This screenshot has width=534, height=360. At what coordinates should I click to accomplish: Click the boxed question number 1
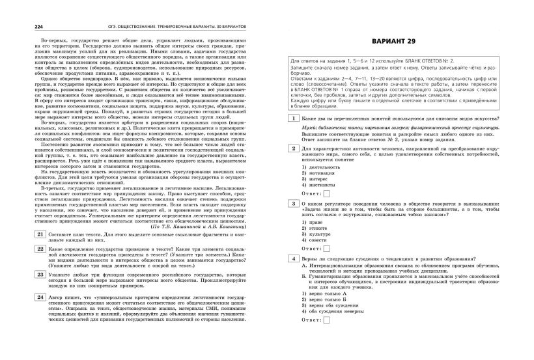tap(295, 118)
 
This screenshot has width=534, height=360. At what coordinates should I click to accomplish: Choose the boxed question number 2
tap(295, 148)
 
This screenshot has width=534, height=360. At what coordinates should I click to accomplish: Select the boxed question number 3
tap(295, 203)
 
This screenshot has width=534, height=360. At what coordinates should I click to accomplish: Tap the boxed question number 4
tap(295, 258)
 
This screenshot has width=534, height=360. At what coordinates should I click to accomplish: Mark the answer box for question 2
tap(327, 193)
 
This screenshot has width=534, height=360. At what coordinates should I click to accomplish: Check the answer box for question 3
tap(327, 248)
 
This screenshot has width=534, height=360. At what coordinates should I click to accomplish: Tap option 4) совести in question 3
tap(317, 240)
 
